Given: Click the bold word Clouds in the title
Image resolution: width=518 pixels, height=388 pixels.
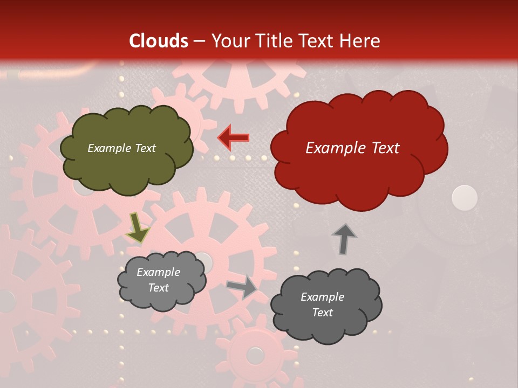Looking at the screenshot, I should point(158,41).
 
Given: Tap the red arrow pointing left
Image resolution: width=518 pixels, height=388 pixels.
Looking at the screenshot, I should point(233,138).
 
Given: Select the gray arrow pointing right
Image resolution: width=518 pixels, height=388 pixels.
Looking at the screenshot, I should point(242,287).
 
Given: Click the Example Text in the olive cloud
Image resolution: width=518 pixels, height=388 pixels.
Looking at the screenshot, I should point(122,148).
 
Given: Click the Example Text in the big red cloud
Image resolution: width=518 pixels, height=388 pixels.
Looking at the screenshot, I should point(352,148).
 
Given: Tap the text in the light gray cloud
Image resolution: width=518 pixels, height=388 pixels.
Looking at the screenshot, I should point(159,280).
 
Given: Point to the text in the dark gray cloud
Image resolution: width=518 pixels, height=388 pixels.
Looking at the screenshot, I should point(322,304).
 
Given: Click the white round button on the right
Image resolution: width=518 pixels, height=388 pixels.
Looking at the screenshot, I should point(464,197).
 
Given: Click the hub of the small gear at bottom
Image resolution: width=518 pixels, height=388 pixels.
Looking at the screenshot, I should point(254,355).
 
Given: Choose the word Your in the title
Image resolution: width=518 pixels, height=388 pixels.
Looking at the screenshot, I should point(229,41).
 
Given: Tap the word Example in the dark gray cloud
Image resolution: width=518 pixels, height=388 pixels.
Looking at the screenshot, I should point(322,297).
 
